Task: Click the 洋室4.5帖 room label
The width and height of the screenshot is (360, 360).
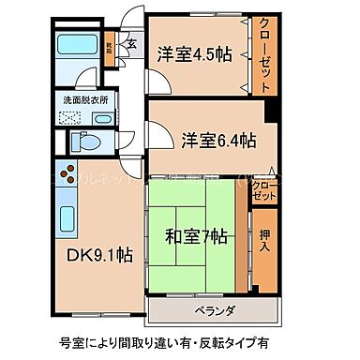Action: click(194, 53)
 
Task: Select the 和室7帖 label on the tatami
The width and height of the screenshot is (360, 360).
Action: click(198, 236)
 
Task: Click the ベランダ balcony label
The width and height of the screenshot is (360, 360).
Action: click(215, 310)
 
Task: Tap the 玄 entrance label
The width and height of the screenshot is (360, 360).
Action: click(131, 43)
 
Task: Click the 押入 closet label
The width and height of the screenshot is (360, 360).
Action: click(265, 239)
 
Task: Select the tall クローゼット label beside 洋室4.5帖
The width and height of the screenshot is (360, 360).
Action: click(265, 53)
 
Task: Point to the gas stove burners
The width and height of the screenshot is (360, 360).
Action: click(69, 173)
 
